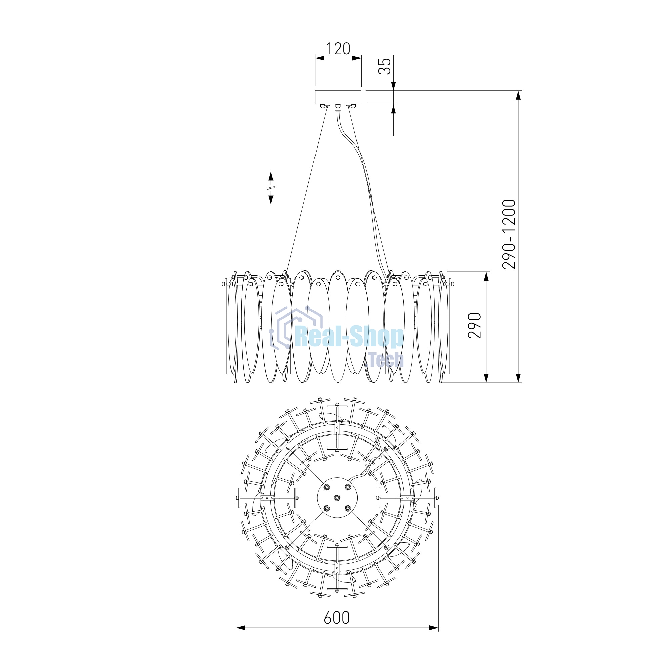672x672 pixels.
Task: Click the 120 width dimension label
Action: (338, 49)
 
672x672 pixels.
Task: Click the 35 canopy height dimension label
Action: (385, 66)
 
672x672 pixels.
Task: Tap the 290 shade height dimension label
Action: (474, 326)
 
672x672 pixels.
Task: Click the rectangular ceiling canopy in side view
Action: (338, 97)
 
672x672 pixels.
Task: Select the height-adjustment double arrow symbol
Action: (271, 188)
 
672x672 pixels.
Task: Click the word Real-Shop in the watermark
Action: (349, 337)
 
